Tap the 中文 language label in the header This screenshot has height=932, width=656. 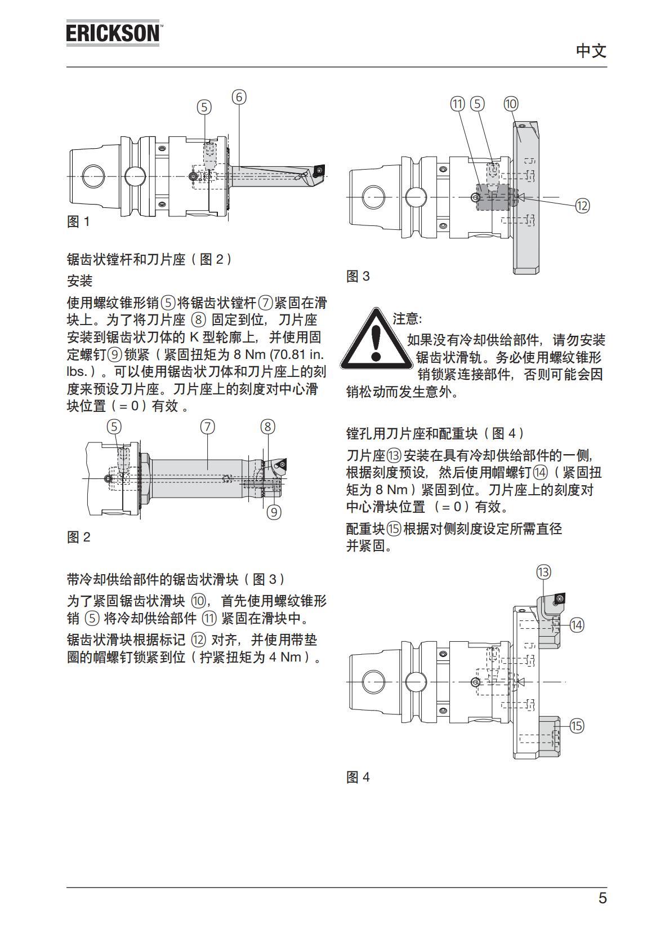(591, 51)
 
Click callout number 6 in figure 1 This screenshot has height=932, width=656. (239, 97)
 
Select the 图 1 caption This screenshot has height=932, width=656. (78, 222)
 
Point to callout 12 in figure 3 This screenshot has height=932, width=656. (582, 206)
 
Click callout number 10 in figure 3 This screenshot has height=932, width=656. (511, 104)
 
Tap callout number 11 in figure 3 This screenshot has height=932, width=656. (458, 104)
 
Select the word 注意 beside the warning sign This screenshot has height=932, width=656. (407, 319)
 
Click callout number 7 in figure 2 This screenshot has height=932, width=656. (207, 427)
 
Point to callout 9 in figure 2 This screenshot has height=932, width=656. (274, 512)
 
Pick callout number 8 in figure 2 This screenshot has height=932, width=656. (267, 427)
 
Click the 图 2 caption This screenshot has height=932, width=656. (78, 538)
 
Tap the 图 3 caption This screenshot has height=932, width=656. (358, 277)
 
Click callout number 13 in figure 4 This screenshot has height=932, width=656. (543, 572)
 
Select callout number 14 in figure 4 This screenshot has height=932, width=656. (577, 625)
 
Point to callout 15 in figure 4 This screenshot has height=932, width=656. (577, 726)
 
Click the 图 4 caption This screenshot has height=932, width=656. (358, 778)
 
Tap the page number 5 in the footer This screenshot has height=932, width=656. (603, 898)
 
